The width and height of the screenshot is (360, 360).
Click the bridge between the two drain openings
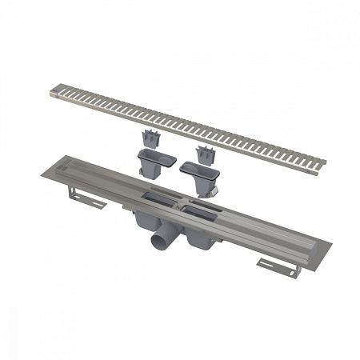click(x=178, y=202)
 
